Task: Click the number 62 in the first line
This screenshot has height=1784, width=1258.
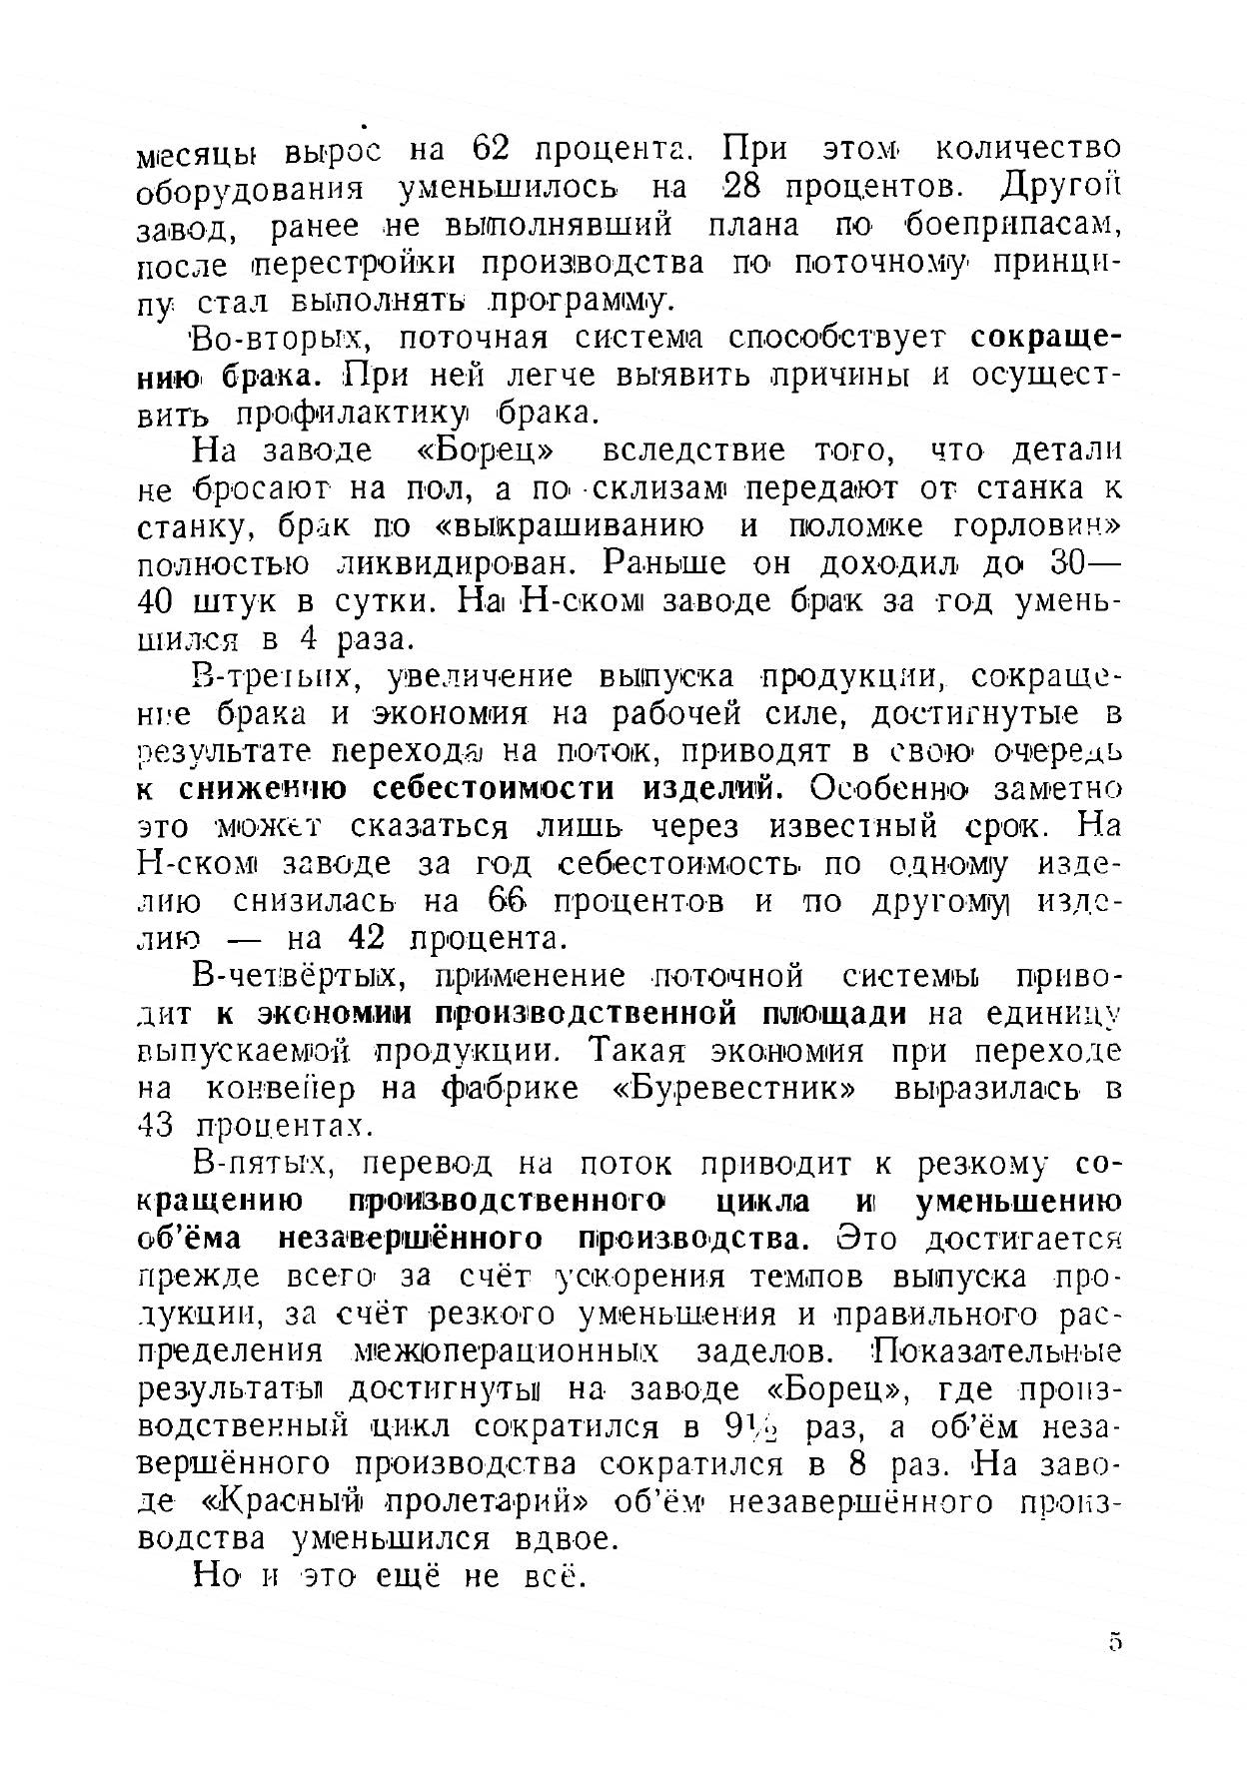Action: click(491, 149)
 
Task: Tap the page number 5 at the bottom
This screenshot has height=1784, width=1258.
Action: click(1115, 1642)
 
